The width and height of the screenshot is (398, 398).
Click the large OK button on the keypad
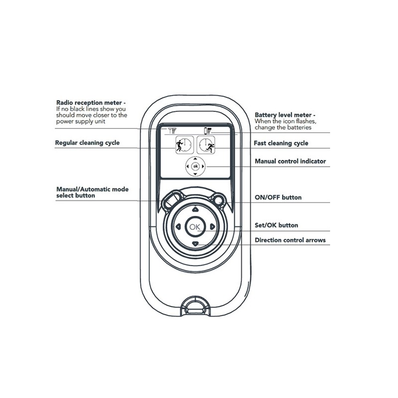[x=195, y=226]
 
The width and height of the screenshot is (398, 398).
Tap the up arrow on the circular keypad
[x=195, y=209]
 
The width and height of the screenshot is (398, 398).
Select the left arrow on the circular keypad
[x=177, y=226]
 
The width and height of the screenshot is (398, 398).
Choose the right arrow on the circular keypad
[x=212, y=226]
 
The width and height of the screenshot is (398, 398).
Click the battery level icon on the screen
[x=208, y=131]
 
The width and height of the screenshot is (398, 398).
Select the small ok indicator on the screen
[x=195, y=166]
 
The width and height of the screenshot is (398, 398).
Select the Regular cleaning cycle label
[x=87, y=143]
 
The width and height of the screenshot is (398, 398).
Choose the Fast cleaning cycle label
[x=281, y=143]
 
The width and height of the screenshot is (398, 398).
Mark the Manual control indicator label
[x=290, y=162]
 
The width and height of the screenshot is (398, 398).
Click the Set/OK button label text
[x=276, y=225]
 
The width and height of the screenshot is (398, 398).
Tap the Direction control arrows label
[x=290, y=240]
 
